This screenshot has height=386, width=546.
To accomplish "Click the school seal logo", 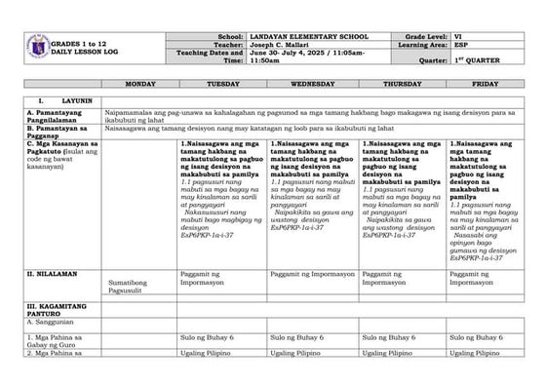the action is click(35, 47).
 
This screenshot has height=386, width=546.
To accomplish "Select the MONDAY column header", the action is click(140, 85).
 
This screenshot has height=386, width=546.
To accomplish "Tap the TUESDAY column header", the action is click(222, 85).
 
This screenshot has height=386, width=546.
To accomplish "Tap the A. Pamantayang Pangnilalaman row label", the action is click(60, 116).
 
